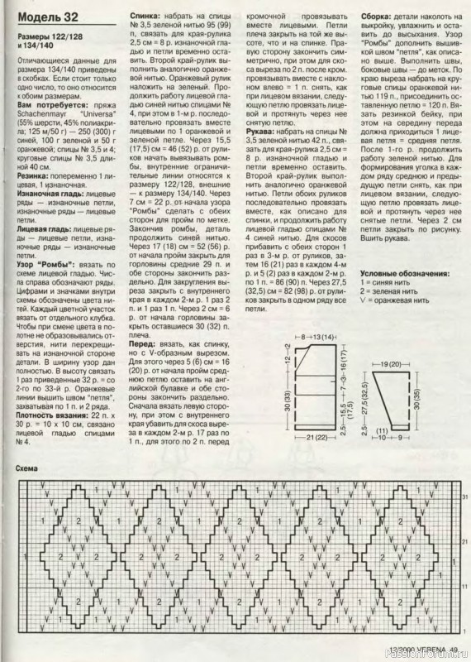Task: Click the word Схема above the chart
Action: [x=29, y=469]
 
